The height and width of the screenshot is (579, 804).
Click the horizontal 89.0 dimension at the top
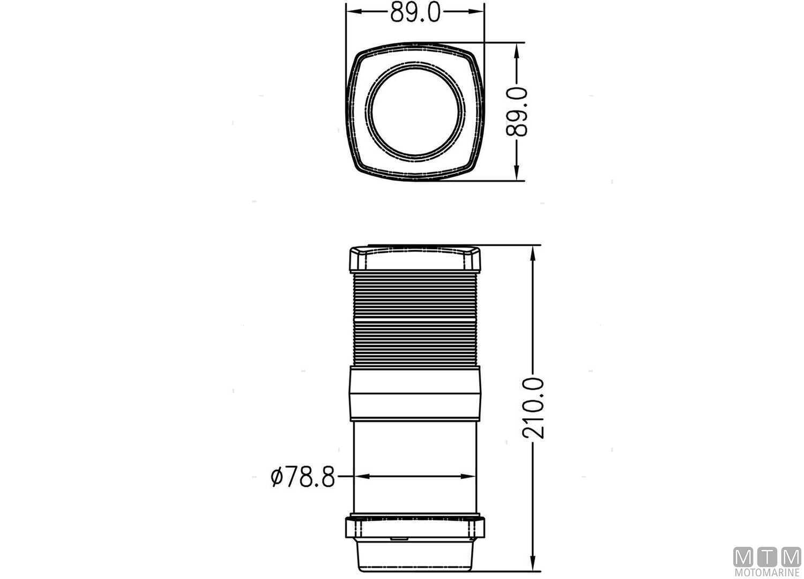(x=415, y=12)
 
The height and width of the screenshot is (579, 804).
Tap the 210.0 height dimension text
(x=534, y=407)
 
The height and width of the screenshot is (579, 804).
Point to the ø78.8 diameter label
(x=303, y=477)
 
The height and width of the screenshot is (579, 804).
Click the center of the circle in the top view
(x=415, y=110)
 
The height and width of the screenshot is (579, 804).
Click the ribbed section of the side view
(x=415, y=319)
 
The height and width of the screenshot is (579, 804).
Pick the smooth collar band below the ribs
(x=415, y=392)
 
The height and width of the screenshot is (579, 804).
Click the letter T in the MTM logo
(x=767, y=557)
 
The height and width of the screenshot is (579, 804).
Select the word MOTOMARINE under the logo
(x=767, y=573)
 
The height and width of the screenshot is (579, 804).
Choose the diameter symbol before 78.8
(x=277, y=477)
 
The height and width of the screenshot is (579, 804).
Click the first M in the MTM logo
(x=743, y=557)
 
